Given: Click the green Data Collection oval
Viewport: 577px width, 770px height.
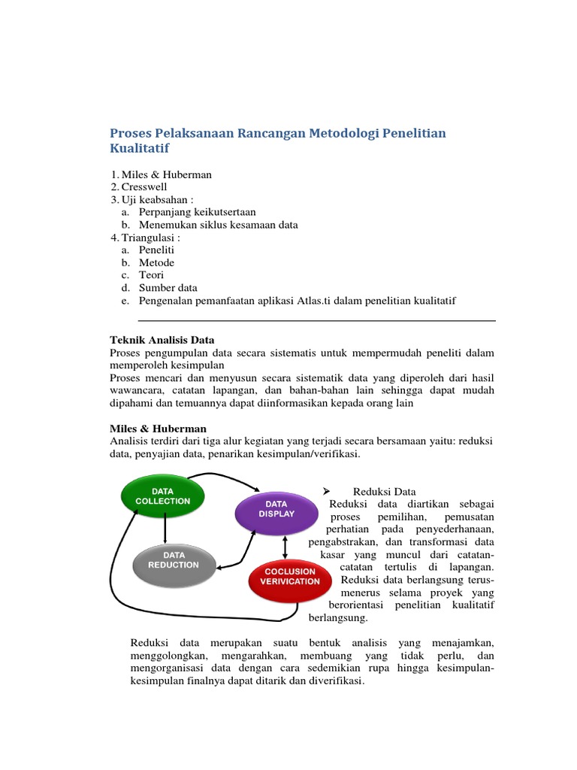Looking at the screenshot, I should (162, 496).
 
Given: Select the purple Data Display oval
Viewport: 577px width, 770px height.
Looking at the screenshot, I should (276, 509).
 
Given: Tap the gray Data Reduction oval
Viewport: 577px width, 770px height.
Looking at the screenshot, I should (174, 560).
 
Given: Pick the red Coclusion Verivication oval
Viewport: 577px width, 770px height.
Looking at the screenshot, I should (289, 577).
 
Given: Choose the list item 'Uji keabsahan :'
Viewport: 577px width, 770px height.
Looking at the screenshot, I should (158, 199).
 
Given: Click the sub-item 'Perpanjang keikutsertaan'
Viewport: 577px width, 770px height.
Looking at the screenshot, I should (197, 212).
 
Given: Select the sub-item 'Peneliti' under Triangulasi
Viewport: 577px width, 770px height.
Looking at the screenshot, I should (156, 250).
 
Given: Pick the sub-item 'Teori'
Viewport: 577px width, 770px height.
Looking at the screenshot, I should (151, 275).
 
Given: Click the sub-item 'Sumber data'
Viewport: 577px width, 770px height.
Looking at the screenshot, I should (168, 288).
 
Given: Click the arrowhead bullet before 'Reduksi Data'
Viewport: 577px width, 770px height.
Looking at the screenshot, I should (328, 491).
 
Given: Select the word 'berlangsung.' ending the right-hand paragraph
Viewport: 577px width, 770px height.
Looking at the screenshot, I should (338, 618).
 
